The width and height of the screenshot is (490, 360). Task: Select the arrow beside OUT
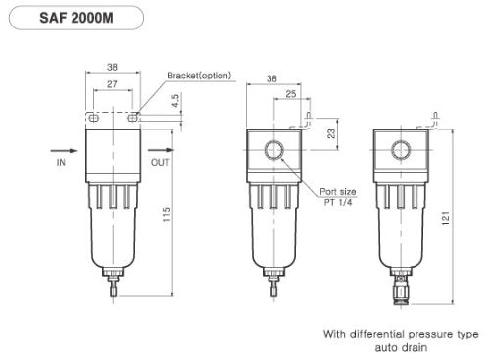tap(160, 151)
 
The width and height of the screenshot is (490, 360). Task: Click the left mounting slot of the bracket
tap(93, 118)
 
